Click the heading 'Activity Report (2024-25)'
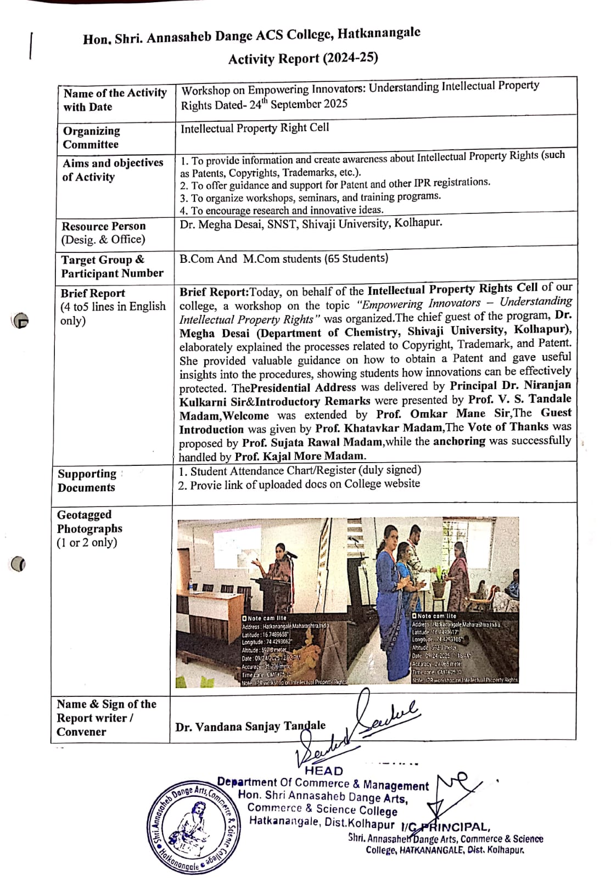coord(303,58)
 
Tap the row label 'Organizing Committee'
coord(91,137)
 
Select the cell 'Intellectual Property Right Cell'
coord(255,128)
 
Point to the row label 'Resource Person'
coord(104,226)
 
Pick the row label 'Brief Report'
coord(93,293)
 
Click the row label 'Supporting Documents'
coord(87,480)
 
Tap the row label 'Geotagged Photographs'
coord(89,521)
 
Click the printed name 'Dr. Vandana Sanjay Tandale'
coord(250,727)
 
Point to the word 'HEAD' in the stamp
coord(324,770)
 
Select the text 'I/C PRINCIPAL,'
coord(445,827)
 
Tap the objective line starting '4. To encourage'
coord(282,210)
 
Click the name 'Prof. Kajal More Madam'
coord(299,456)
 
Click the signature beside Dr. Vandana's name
coord(384,719)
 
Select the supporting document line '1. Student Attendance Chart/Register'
coord(300,470)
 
